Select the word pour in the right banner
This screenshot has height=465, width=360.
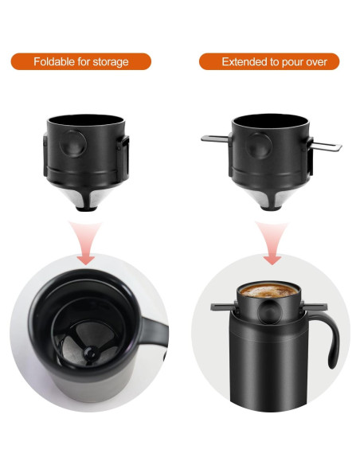coord(294,61)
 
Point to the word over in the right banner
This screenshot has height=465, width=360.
coord(322,61)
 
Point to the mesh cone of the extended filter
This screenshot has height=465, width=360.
coord(270,195)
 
